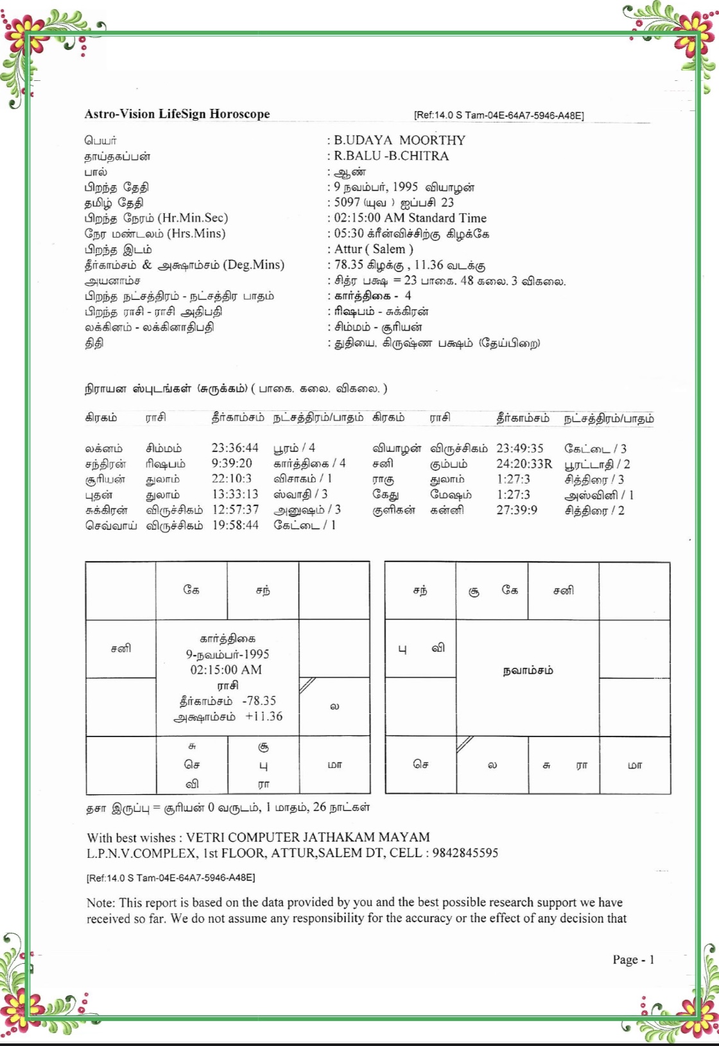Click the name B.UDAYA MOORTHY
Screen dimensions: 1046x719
pyautogui.click(x=399, y=141)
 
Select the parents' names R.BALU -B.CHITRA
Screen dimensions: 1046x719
pyautogui.click(x=391, y=156)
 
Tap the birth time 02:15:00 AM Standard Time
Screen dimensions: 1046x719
pyautogui.click(x=410, y=218)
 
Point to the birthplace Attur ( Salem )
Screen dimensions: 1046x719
pyautogui.click(x=374, y=249)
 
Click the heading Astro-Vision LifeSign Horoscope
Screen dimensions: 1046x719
pyautogui.click(x=177, y=114)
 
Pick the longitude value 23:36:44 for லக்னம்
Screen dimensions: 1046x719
pyautogui.click(x=235, y=448)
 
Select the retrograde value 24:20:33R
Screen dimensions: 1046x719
pyautogui.click(x=524, y=464)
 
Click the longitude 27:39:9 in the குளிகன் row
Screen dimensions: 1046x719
pyautogui.click(x=517, y=510)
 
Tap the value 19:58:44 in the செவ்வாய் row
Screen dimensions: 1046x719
pyautogui.click(x=235, y=525)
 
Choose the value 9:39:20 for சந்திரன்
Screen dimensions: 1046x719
pyautogui.click(x=232, y=464)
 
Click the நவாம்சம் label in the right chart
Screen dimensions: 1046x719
pyautogui.click(x=528, y=671)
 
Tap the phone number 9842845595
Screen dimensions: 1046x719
pyautogui.click(x=465, y=853)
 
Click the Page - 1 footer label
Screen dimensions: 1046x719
pyautogui.click(x=633, y=960)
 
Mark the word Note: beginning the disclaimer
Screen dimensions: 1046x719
pyautogui.click(x=101, y=903)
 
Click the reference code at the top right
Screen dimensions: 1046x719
pyautogui.click(x=499, y=116)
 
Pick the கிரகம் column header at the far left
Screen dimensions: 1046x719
pyautogui.click(x=101, y=418)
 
